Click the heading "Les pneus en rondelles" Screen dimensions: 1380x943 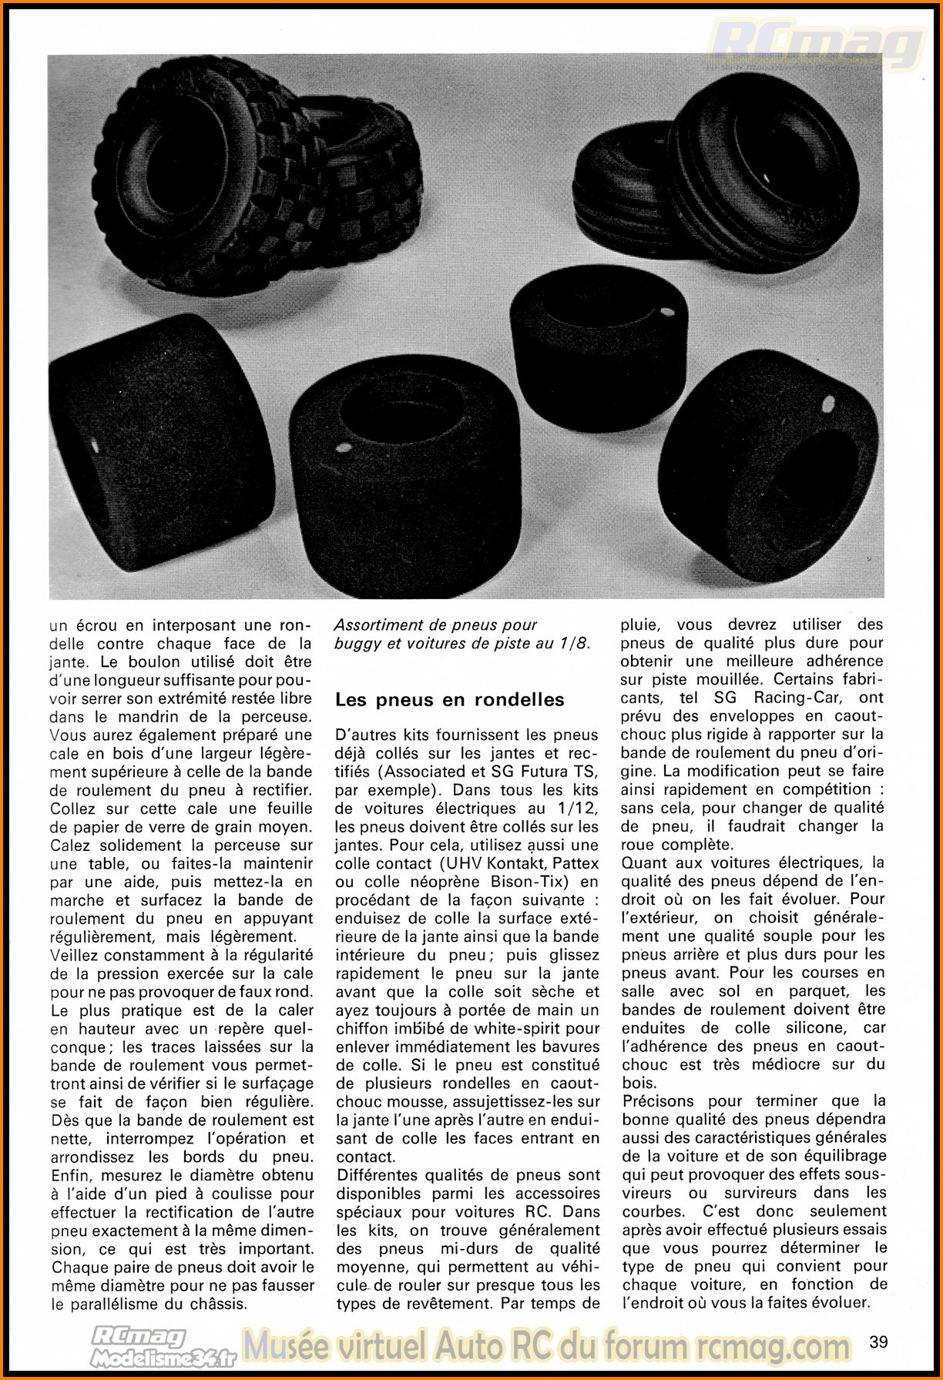(x=449, y=700)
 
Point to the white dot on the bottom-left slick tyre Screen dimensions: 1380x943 (x=96, y=445)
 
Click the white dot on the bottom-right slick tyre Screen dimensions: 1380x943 (x=830, y=402)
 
